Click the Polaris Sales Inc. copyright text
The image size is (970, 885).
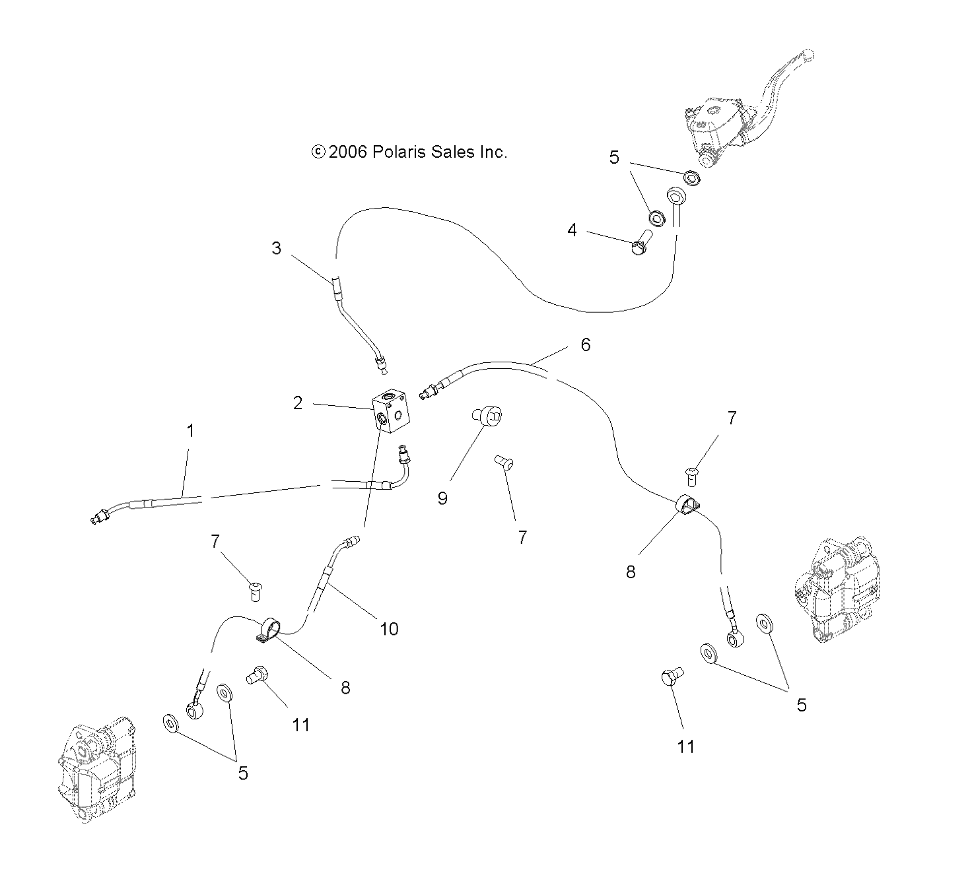click(x=409, y=152)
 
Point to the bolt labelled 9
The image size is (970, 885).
click(x=487, y=416)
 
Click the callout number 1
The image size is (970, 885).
click(x=190, y=431)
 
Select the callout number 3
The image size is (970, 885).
click(x=277, y=248)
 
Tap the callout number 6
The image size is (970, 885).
click(x=585, y=344)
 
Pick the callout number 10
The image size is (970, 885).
click(x=389, y=629)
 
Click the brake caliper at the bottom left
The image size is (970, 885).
click(x=96, y=769)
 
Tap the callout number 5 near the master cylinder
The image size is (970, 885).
click(x=614, y=158)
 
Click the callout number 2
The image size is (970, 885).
click(x=298, y=403)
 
